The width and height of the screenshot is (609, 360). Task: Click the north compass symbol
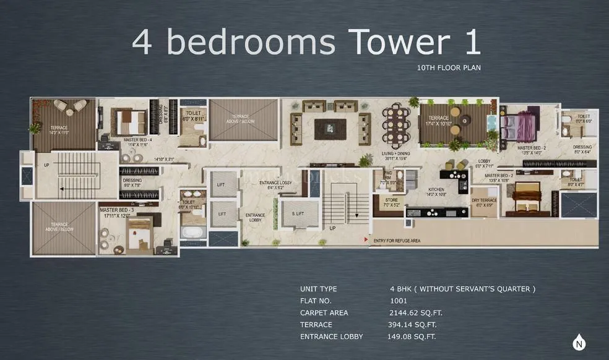(579, 342)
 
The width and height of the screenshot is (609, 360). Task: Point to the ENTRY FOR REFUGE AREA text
(398, 240)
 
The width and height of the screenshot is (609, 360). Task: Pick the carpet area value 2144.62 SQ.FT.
(416, 312)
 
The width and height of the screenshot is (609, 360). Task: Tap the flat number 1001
(399, 301)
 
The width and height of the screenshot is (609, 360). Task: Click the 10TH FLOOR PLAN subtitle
(449, 67)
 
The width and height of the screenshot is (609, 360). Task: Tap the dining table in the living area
(396, 126)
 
